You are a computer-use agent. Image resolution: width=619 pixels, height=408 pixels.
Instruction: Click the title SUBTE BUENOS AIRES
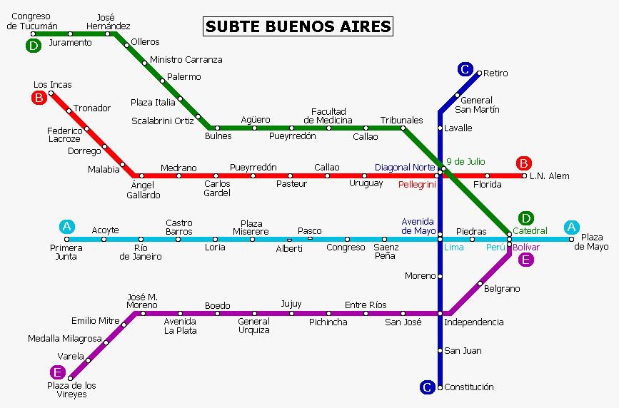[298, 26]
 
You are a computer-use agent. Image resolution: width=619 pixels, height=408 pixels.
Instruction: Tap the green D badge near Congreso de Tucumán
[33, 46]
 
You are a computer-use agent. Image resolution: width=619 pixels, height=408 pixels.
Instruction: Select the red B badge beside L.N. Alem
[525, 163]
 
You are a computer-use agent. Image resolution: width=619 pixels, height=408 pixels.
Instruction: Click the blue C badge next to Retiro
[465, 69]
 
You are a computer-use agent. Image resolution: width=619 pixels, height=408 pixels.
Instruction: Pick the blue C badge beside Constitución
[427, 387]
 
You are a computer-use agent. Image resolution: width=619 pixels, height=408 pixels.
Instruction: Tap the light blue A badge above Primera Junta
[66, 227]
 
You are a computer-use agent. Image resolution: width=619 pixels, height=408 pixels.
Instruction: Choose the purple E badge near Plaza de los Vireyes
[57, 372]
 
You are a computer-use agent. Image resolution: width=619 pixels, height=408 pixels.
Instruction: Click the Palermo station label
[184, 77]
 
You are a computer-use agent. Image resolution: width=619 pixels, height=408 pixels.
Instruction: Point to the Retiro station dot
[479, 73]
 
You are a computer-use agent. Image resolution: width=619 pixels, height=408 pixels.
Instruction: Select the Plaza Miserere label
[251, 228]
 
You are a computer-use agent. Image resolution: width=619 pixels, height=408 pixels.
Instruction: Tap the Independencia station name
[473, 322]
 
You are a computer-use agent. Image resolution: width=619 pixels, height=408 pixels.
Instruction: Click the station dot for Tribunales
[403, 128]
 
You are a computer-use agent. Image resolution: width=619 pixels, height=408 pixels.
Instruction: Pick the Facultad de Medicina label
[328, 116]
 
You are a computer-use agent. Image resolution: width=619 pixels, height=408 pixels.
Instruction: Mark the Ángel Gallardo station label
[143, 190]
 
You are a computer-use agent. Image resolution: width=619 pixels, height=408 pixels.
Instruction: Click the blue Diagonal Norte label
[405, 168]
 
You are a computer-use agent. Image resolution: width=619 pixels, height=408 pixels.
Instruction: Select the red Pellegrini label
[417, 184]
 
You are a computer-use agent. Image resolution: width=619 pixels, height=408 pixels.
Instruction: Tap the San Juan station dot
[440, 350]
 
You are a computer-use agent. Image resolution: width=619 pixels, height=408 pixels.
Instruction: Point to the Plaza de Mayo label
[594, 242]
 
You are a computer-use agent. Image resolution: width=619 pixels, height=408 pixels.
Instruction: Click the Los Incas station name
[52, 85]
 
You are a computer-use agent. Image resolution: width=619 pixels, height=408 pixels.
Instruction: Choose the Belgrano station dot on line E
[479, 285]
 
